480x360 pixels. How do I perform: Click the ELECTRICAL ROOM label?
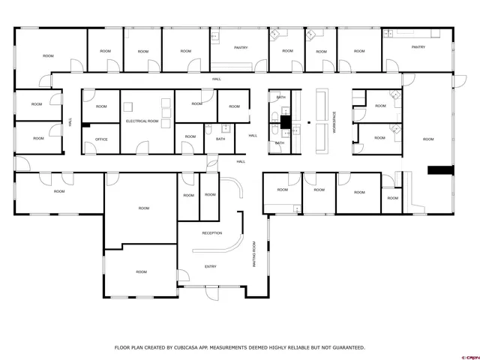click(142, 121)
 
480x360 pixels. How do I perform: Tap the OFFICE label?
click(100, 139)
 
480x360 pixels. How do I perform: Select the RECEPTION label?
click(212, 233)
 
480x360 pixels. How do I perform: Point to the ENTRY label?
click(211, 266)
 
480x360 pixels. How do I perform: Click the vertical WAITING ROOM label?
click(254, 255)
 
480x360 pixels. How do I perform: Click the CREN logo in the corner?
click(470, 356)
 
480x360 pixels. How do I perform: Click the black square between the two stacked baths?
click(286, 120)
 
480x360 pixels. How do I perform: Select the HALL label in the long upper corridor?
click(217, 79)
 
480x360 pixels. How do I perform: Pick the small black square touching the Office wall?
click(86, 125)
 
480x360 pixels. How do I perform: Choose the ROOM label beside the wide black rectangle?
click(428, 139)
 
